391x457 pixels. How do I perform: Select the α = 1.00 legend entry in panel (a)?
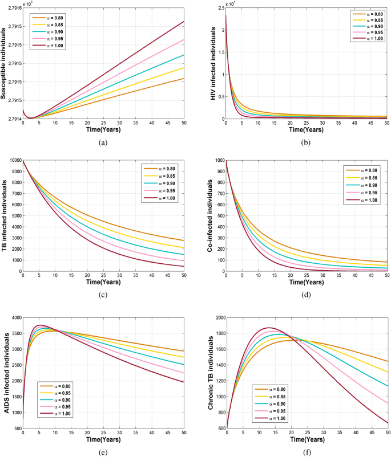click(x=52, y=46)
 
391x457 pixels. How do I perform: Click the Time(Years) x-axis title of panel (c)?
click(x=103, y=283)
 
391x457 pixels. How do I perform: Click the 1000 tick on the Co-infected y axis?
click(x=217, y=161)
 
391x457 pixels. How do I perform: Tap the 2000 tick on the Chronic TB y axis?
click(x=217, y=317)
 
